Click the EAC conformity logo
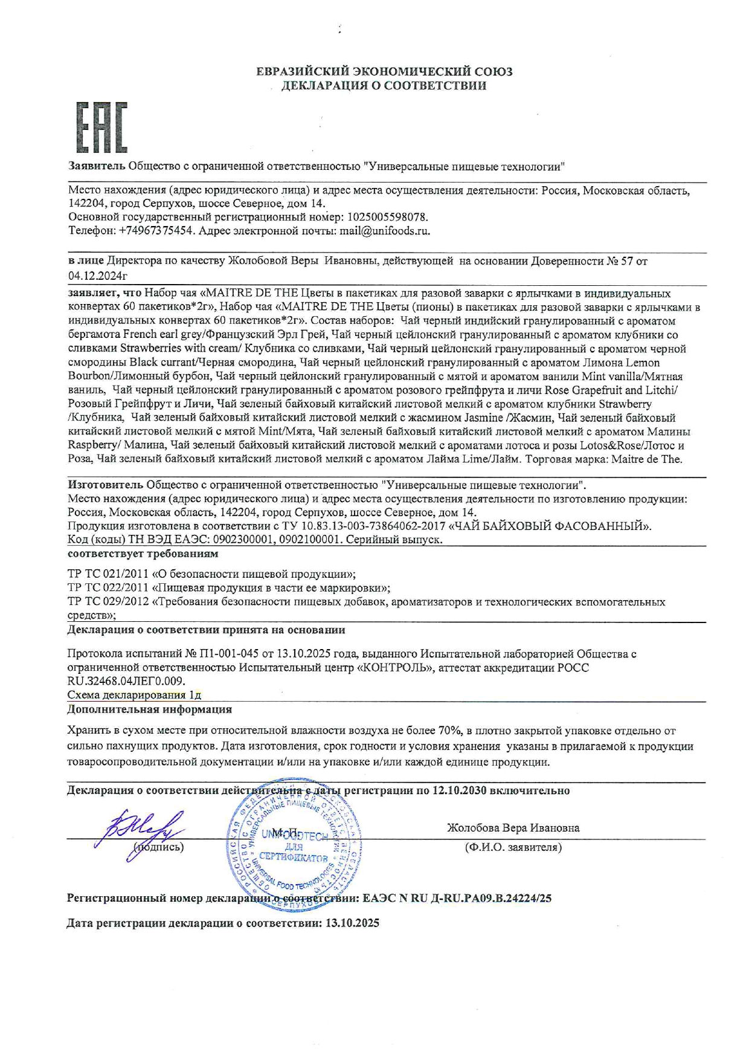101,127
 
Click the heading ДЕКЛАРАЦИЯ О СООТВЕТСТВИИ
384,86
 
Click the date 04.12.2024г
98,276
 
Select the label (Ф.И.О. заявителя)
513,847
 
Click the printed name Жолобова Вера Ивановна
513,828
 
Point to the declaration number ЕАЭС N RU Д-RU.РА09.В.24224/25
457,898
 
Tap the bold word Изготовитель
105,485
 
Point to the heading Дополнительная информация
149,709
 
